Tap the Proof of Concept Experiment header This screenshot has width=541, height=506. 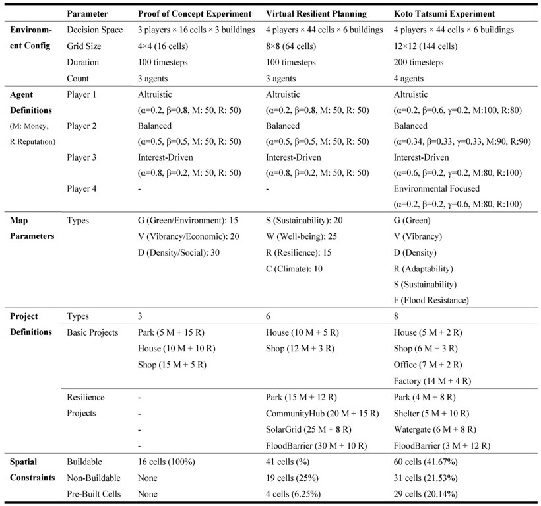tap(195, 13)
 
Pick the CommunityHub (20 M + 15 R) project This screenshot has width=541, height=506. tap(322, 413)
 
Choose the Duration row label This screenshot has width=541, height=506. tap(83, 62)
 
